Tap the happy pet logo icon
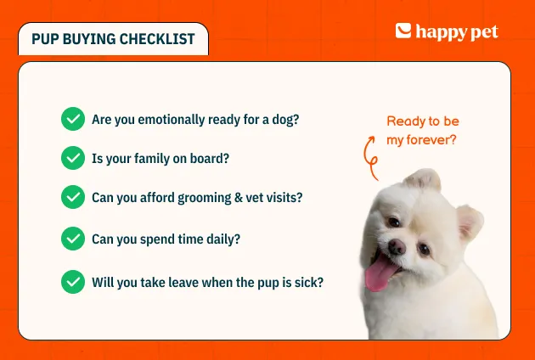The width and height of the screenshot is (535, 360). pos(403,31)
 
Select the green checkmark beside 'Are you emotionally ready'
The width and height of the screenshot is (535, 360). pos(73,119)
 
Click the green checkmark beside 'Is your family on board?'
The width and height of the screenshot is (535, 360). pos(73,158)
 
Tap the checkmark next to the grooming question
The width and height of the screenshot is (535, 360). pos(73,197)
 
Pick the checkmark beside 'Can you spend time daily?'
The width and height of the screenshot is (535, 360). pos(73,239)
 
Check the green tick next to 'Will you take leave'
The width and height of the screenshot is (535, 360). pos(73,282)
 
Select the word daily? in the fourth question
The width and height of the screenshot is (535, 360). pos(223,239)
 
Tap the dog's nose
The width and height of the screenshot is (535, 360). pos(397,246)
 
